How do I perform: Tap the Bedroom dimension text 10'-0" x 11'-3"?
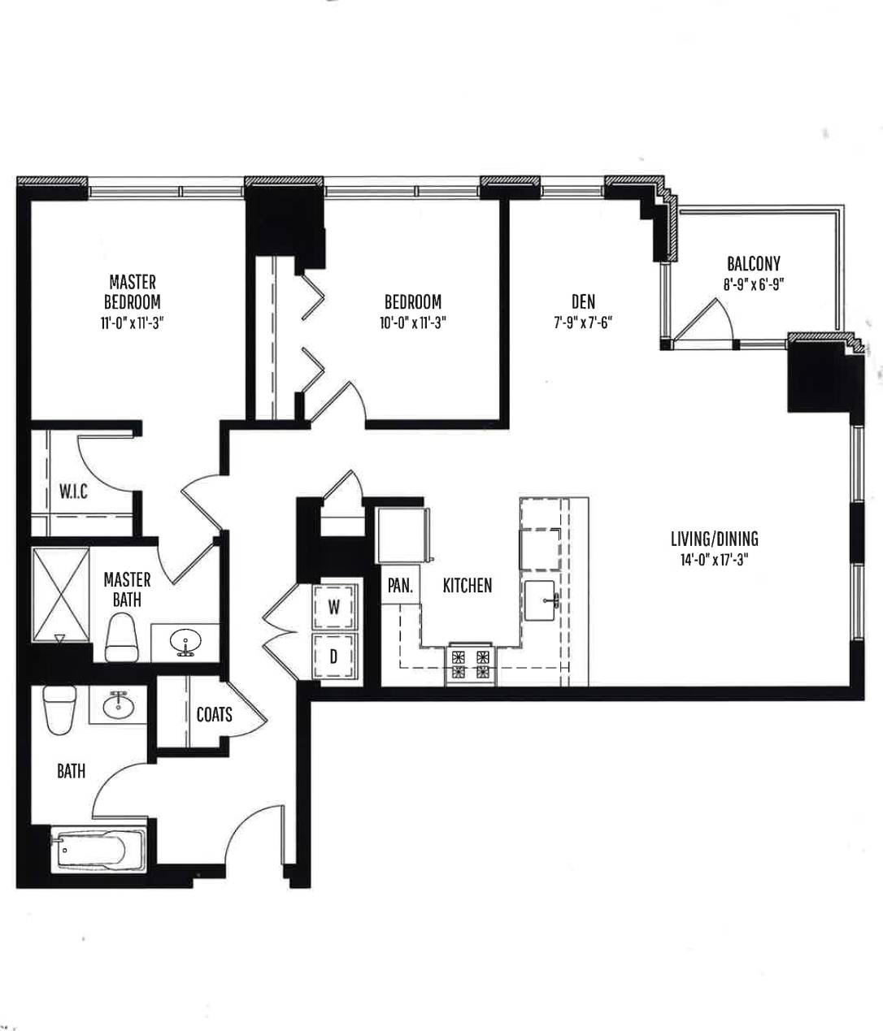413,323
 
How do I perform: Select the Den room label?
583,302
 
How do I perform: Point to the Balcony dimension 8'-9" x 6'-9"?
753,284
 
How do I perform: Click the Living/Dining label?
714,538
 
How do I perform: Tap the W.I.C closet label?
73,492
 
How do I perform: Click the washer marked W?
334,606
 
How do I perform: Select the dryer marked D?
334,656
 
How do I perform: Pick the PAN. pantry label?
400,585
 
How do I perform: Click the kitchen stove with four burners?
471,662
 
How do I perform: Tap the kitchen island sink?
540,601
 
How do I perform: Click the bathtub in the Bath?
98,851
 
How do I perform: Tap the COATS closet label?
214,714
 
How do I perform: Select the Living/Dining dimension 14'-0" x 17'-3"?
714,559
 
